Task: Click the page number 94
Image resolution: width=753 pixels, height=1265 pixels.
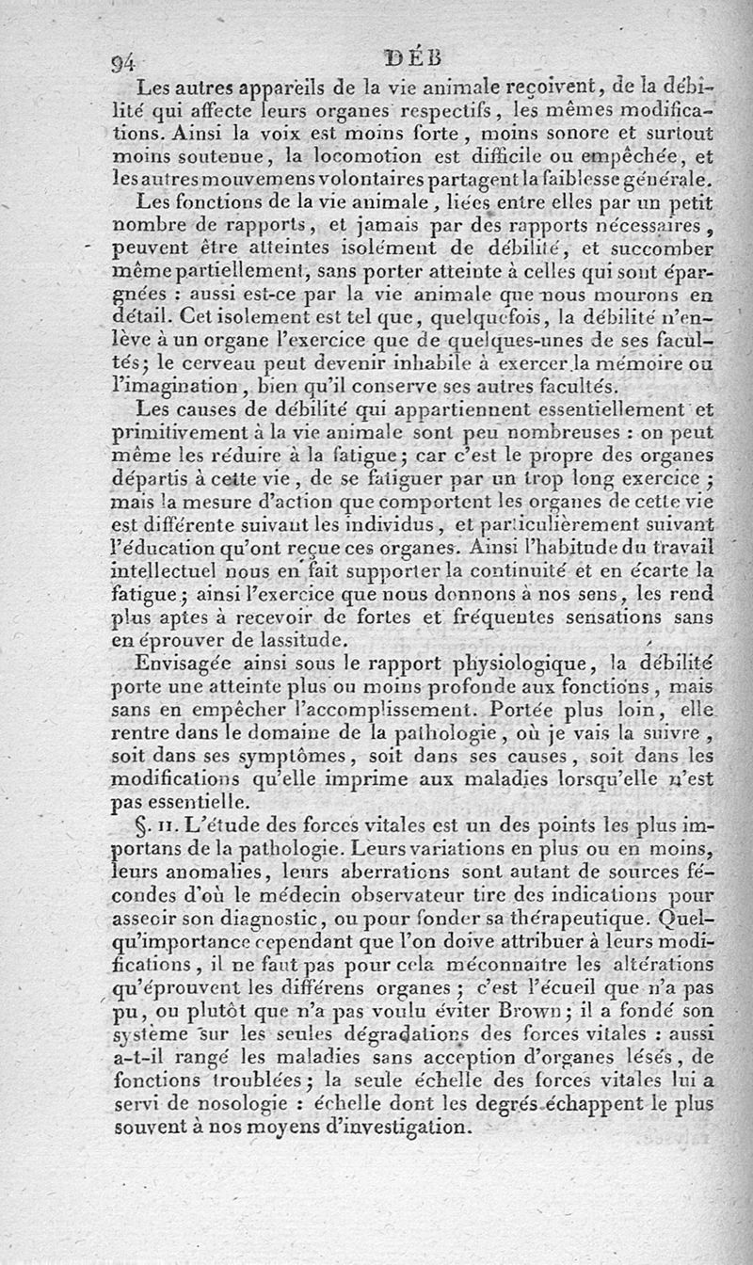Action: (x=124, y=64)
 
